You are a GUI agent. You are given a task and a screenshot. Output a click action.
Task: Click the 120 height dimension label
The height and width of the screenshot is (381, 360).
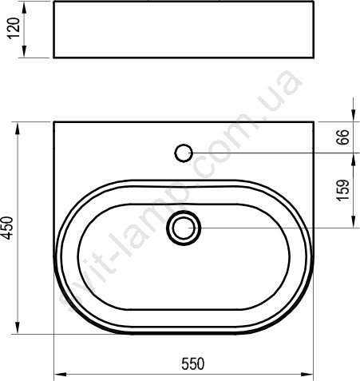pyautogui.click(x=14, y=29)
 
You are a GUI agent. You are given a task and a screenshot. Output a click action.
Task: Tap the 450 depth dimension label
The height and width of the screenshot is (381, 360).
pyautogui.click(x=6, y=228)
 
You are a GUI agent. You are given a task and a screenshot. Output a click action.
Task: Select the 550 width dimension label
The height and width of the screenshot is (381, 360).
pyautogui.click(x=193, y=363)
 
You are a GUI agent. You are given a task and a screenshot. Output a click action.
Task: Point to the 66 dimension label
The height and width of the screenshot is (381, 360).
pyautogui.click(x=342, y=137)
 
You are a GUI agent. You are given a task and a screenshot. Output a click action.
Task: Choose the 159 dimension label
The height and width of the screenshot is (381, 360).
pyautogui.click(x=342, y=190)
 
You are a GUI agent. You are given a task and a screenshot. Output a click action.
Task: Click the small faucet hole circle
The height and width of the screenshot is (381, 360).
pyautogui.click(x=184, y=153)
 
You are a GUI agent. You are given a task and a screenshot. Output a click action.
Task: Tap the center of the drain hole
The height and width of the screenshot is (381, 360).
pyautogui.click(x=184, y=228)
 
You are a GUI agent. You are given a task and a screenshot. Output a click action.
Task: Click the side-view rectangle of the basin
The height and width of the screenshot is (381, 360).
pyautogui.click(x=184, y=30)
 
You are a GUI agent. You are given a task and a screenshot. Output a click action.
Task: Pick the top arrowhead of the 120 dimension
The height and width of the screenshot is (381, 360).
pyautogui.click(x=24, y=8)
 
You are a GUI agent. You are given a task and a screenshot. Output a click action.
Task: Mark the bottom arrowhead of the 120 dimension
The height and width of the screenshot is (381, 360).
pyautogui.click(x=24, y=51)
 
